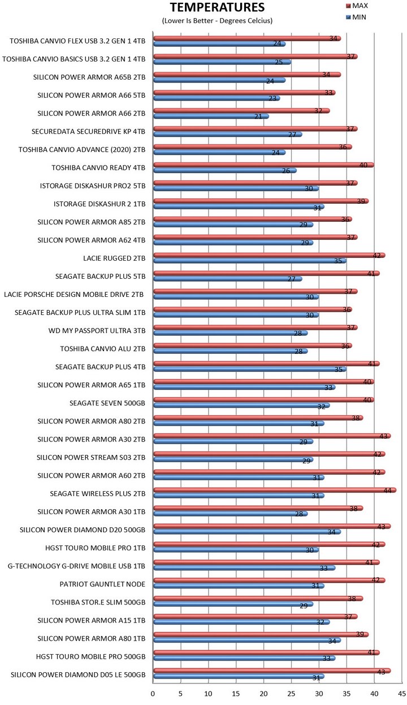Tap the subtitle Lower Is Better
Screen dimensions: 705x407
(218, 21)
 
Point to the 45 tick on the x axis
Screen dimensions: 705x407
(401, 692)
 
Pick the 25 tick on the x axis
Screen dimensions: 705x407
(291, 692)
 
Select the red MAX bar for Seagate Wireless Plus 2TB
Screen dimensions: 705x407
(274, 491)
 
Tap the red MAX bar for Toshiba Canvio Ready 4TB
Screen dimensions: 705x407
(263, 165)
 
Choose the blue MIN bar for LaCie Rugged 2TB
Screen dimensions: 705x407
(249, 261)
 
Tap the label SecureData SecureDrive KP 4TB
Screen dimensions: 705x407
(89, 132)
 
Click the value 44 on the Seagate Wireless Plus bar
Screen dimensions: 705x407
(388, 491)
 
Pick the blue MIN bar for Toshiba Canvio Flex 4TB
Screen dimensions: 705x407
(219, 44)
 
